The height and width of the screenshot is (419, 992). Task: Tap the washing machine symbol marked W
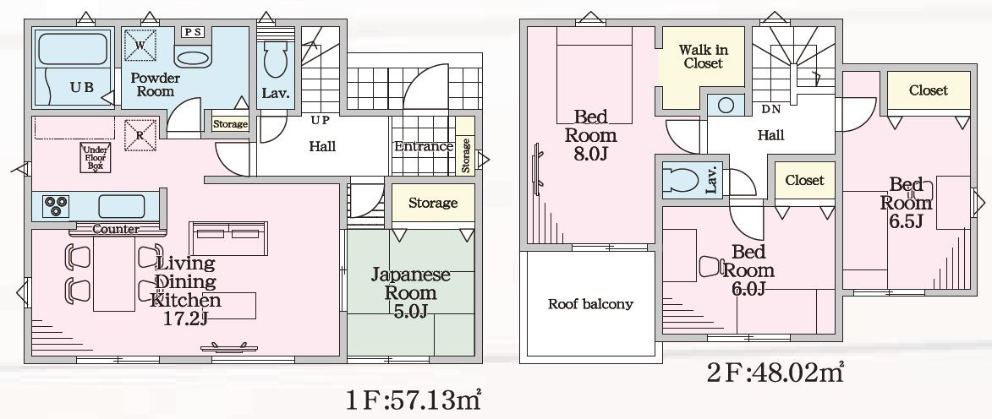pos(140,46)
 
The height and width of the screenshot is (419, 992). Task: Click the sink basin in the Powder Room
pos(192,59)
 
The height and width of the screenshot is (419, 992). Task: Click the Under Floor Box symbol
pos(96,157)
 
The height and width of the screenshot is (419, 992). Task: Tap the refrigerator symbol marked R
pos(140,135)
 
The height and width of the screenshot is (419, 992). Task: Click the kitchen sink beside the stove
pos(121,207)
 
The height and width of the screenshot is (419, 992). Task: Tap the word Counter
pos(116,230)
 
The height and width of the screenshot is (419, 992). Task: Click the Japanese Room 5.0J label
pos(410,292)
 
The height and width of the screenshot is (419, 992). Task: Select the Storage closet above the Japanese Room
pos(433,203)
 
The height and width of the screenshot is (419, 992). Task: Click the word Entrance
pos(424,147)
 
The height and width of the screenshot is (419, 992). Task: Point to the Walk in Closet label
pos(703,57)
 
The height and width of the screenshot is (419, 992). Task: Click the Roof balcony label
pos(590,304)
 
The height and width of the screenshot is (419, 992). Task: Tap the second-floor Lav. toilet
pos(679,180)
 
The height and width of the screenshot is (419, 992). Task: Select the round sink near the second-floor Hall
pos(726,105)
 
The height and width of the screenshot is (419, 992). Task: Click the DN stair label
pos(771,109)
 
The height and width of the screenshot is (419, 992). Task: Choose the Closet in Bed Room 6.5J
pos(928,90)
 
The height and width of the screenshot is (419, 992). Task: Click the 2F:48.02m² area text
pos(775,373)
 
